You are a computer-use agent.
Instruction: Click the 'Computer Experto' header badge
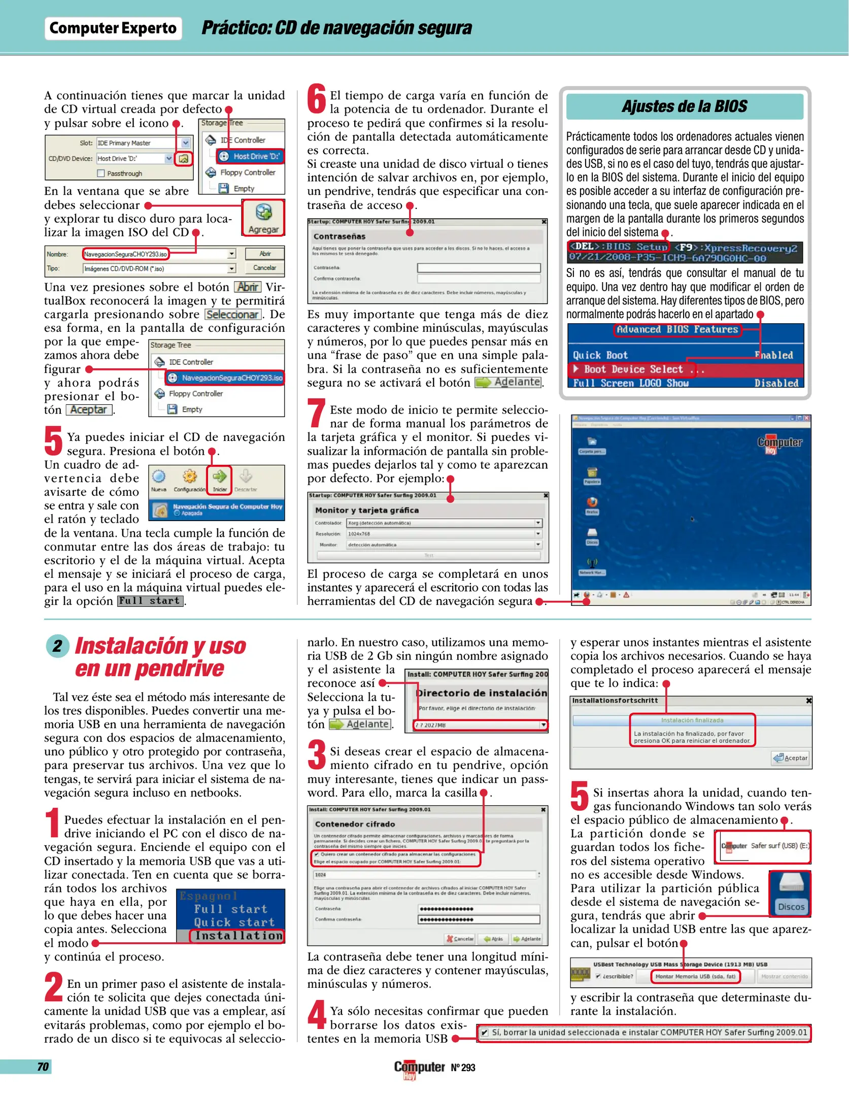[113, 28]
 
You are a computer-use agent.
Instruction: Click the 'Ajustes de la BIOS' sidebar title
[684, 107]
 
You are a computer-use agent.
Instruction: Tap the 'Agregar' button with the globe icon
[263, 218]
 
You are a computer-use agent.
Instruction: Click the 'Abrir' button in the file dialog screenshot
[265, 254]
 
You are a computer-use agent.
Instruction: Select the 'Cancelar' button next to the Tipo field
[265, 268]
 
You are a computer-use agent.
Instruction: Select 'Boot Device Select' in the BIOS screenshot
[633, 369]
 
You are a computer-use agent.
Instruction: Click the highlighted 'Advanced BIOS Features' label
[677, 330]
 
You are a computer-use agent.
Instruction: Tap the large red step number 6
[317, 99]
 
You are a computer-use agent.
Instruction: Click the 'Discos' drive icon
[790, 894]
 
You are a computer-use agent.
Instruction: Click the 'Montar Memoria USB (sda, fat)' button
[695, 976]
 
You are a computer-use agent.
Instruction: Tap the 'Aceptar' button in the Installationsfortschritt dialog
[791, 758]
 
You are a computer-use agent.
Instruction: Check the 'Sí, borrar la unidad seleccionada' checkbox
[485, 1033]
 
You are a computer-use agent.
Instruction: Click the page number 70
[43, 1067]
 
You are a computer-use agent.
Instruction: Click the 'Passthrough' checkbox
[101, 174]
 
